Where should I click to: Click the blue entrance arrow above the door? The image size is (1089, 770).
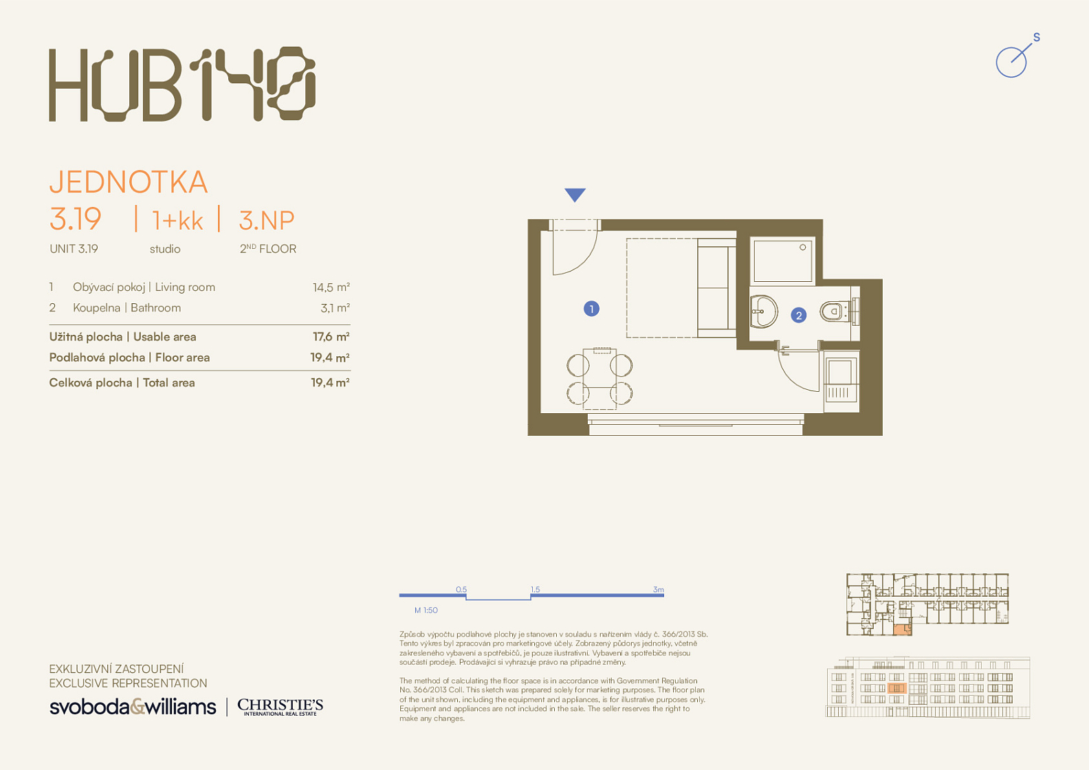[x=575, y=195]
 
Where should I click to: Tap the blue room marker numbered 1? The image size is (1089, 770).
[x=591, y=309]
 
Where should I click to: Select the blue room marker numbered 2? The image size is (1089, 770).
[x=798, y=316]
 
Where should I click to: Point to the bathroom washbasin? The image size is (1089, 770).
[x=764, y=311]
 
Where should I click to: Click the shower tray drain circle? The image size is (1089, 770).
[x=802, y=247]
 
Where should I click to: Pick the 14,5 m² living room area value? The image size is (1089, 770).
[x=331, y=287]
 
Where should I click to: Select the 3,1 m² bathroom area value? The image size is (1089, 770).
[x=335, y=308]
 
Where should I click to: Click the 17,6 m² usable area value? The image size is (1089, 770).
[x=331, y=336]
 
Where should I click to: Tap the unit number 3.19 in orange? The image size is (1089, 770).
[x=75, y=219]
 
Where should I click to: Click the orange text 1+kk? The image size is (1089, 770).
[x=177, y=221]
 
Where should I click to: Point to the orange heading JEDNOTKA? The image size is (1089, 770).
[x=129, y=181]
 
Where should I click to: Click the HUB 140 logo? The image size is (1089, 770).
[x=182, y=84]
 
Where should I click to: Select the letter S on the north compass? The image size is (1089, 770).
[x=1037, y=37]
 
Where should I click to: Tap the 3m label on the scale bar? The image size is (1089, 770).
[x=658, y=589]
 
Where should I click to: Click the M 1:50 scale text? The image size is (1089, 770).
[x=426, y=610]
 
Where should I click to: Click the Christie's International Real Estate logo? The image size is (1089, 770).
[x=280, y=707]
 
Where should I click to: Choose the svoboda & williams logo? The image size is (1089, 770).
[x=133, y=707]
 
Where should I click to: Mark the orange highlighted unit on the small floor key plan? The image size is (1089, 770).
[x=902, y=630]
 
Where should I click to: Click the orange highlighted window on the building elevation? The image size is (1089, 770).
[x=897, y=688]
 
